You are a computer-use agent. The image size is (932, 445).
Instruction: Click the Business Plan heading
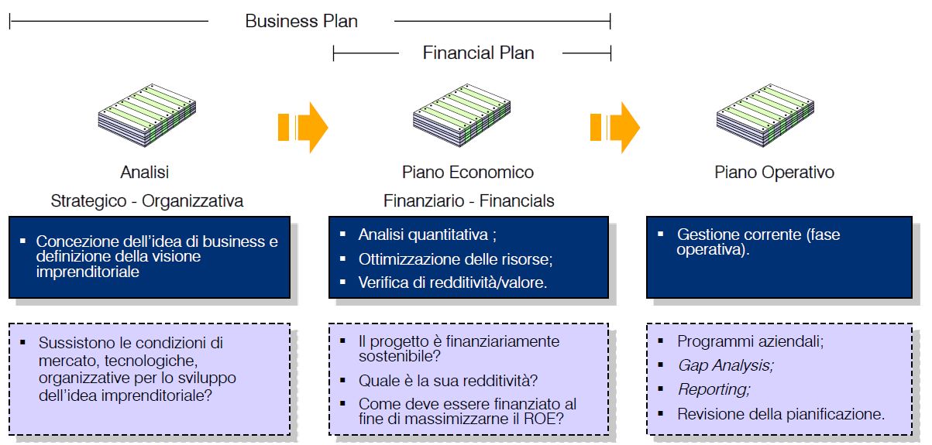coord(301,21)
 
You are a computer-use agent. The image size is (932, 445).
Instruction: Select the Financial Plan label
coord(478,53)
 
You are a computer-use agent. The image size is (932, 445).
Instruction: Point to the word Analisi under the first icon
coord(145,172)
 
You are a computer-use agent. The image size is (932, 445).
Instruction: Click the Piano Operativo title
coord(774,172)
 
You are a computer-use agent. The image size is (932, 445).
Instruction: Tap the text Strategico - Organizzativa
coord(147,201)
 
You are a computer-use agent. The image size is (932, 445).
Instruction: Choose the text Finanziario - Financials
coord(469,201)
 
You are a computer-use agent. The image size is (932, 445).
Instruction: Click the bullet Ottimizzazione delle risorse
coord(455,259)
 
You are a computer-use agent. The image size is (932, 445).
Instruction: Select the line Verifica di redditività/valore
coord(452,282)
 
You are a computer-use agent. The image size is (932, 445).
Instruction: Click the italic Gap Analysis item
coord(725,365)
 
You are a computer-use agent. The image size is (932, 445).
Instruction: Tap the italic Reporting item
coord(714,389)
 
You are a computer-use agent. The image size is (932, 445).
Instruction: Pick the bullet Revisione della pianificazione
coord(780,414)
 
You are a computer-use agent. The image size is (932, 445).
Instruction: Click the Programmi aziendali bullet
coord(750,341)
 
